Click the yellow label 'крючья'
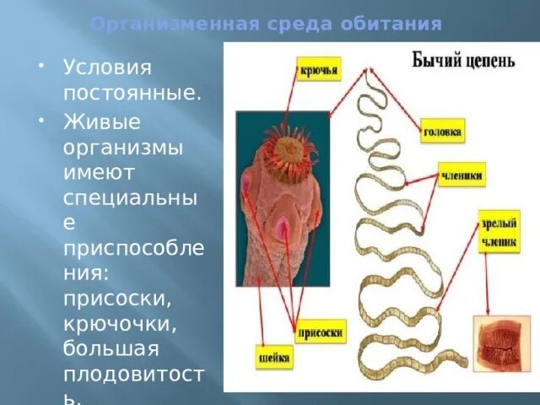[319, 68]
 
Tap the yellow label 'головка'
[442, 132]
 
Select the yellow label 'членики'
[462, 177]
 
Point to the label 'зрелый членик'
[499, 231]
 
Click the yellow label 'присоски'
[320, 332]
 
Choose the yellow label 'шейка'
[273, 359]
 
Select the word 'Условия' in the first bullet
[107, 67]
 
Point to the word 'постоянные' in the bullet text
[131, 92]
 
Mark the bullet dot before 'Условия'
[40, 65]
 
